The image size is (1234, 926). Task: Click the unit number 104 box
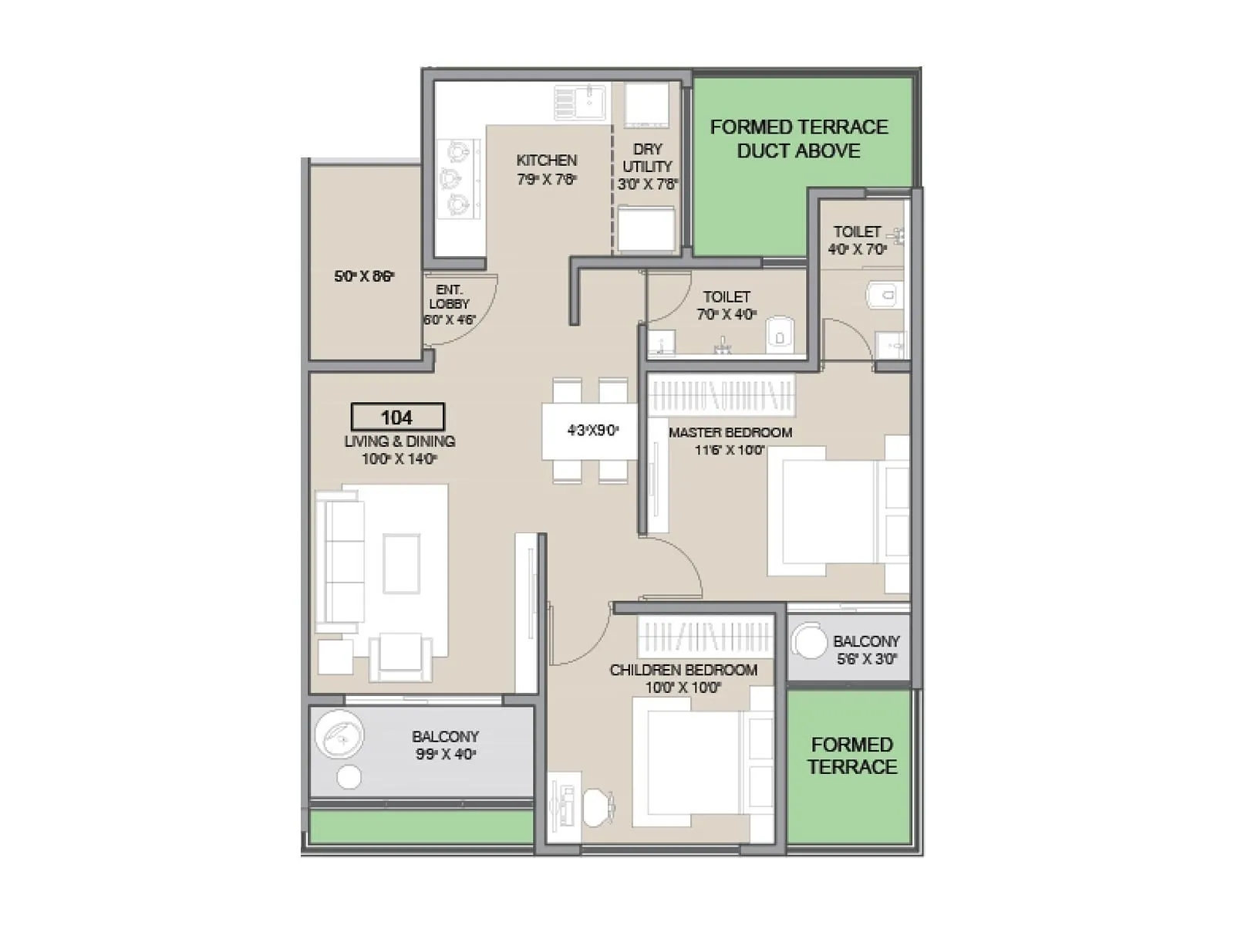click(397, 417)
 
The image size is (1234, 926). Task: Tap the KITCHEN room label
click(546, 161)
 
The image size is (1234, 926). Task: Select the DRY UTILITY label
click(647, 157)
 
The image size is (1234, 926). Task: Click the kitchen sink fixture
click(581, 103)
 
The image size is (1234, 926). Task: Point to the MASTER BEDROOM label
click(730, 432)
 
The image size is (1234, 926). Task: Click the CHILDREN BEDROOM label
click(683, 670)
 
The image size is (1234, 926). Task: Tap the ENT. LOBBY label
click(449, 296)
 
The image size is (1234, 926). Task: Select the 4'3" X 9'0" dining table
click(592, 431)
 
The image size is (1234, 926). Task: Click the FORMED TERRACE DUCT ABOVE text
click(798, 138)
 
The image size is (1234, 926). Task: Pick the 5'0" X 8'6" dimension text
click(364, 275)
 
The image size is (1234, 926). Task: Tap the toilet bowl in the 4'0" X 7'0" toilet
click(883, 295)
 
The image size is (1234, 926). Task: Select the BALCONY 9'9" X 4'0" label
click(445, 745)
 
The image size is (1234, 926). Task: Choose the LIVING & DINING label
click(400, 441)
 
